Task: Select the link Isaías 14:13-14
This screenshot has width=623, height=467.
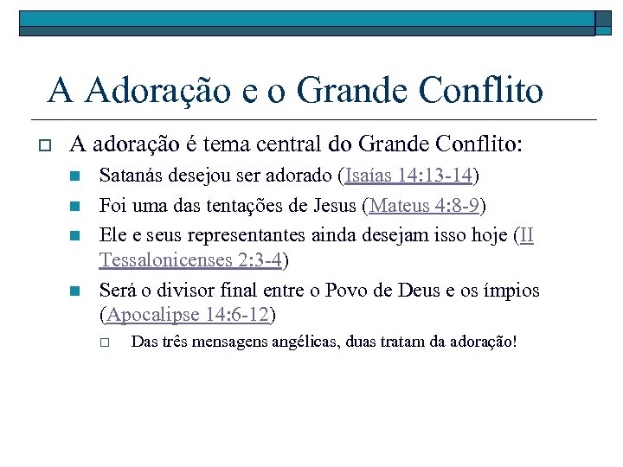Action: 408,176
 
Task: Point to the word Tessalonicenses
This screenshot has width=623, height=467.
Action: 165,259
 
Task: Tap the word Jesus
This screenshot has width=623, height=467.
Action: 330,206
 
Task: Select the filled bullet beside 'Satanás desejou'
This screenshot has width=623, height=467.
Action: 75,177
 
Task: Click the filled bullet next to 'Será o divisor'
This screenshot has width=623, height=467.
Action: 75,291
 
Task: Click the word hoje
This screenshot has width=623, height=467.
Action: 486,235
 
